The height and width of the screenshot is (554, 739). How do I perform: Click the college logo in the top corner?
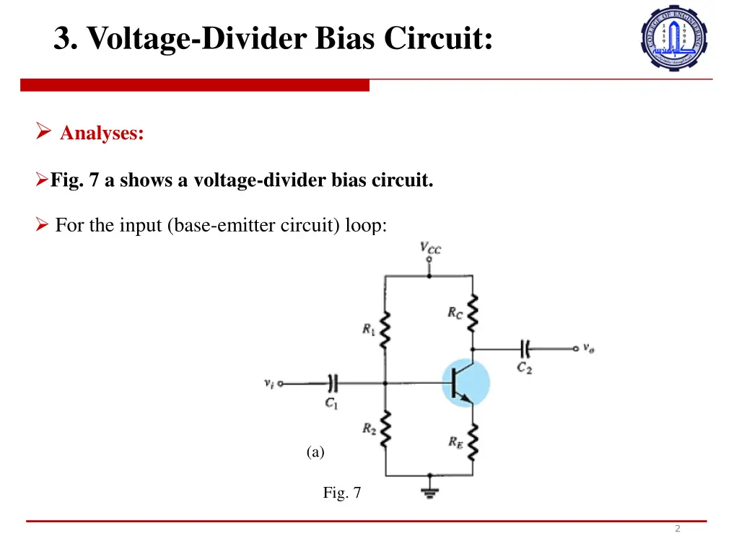coord(674,37)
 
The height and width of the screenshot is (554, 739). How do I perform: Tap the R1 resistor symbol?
coord(385,330)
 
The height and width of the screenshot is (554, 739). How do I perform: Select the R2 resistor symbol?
coord(385,429)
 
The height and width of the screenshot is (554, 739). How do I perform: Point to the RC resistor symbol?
coord(473,312)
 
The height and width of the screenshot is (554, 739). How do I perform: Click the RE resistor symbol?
coord(473,443)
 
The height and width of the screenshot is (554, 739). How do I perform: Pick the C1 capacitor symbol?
coord(333,384)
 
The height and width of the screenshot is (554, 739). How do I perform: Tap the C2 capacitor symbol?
coord(525,349)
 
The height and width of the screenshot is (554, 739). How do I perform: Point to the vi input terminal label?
coord(268,384)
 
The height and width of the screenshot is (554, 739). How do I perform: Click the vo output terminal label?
coord(589,349)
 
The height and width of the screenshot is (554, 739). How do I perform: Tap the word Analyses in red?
coord(102,133)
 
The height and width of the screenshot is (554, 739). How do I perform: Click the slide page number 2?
coord(677,529)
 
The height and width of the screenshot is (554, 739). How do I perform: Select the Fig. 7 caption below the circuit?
coord(341,493)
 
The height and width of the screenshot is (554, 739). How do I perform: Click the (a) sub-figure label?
coord(315,452)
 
